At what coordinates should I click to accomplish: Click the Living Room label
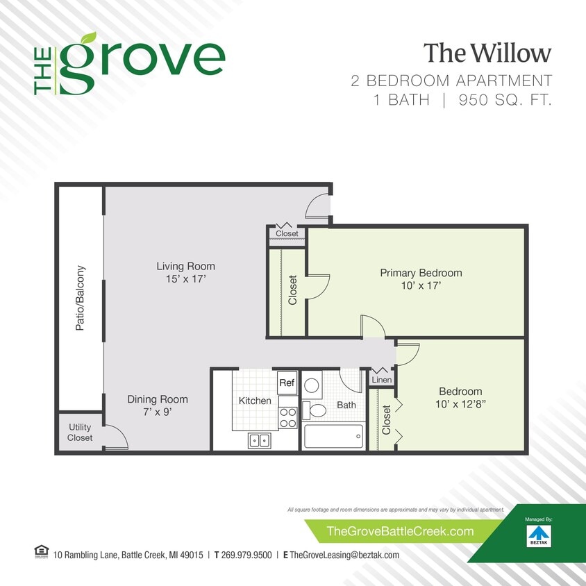click(185, 266)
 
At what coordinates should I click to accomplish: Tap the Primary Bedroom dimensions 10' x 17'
click(421, 285)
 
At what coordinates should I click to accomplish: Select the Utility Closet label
click(80, 433)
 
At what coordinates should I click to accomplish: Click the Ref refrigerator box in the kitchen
click(287, 383)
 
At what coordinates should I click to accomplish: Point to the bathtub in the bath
click(333, 436)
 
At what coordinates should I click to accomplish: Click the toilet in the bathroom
click(316, 410)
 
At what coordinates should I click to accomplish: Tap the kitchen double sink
click(260, 439)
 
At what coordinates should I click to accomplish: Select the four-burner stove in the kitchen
click(287, 417)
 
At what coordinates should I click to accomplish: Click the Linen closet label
click(382, 380)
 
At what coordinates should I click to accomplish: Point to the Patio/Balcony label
click(81, 298)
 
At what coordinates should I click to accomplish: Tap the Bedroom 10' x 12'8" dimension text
click(460, 404)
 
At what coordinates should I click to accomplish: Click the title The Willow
click(487, 53)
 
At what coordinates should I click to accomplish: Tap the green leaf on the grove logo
click(87, 38)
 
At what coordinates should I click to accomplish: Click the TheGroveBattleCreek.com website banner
click(400, 531)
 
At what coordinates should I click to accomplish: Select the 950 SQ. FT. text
click(504, 100)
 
